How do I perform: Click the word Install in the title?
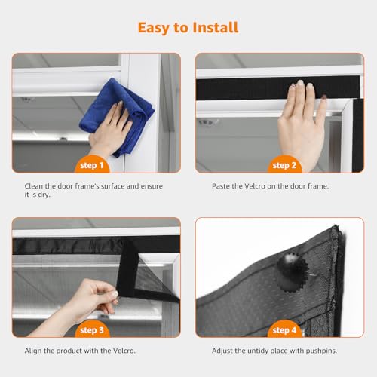click(x=216, y=27)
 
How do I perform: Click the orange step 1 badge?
click(x=92, y=164)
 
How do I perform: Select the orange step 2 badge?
click(x=284, y=164)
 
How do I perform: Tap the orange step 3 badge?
click(x=92, y=329)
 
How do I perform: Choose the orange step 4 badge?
click(x=284, y=329)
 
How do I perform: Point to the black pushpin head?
click(x=292, y=271)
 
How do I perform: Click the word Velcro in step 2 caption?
click(x=255, y=186)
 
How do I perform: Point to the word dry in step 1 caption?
click(x=44, y=195)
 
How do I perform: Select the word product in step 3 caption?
click(x=69, y=351)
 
